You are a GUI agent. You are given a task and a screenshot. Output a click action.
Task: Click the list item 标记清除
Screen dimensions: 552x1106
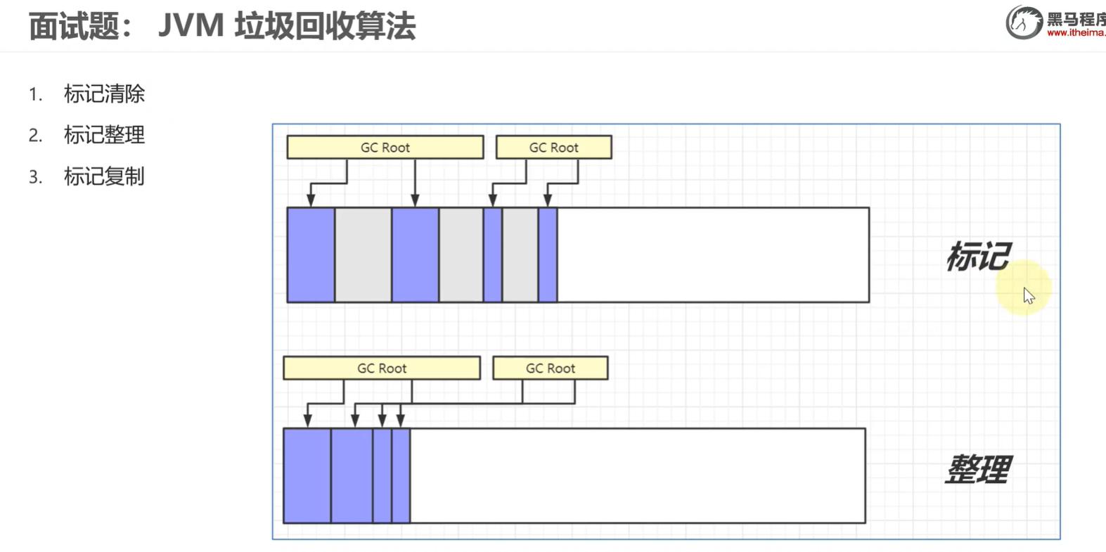pyautogui.click(x=104, y=94)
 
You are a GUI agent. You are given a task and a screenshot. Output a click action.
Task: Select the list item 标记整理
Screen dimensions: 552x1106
pyautogui.click(x=104, y=134)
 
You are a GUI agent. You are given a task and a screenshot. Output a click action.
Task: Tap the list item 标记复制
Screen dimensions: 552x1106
pyautogui.click(x=104, y=176)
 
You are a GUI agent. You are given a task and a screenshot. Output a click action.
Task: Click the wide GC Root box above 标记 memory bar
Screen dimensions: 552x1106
pyautogui.click(x=385, y=147)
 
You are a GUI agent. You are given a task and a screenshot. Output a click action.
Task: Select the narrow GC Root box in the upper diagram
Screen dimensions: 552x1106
pyautogui.click(x=553, y=147)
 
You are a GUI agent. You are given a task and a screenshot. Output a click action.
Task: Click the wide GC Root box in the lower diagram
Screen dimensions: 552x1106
pyautogui.click(x=381, y=368)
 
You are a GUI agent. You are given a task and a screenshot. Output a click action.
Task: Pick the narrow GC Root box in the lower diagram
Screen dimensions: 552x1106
pyautogui.click(x=550, y=368)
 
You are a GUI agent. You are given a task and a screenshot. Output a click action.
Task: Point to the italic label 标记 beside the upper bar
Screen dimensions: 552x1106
pyautogui.click(x=977, y=256)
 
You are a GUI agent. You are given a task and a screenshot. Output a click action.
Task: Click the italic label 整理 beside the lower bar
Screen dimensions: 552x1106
pyautogui.click(x=977, y=469)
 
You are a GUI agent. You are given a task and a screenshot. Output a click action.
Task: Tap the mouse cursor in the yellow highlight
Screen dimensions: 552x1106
pyautogui.click(x=1029, y=295)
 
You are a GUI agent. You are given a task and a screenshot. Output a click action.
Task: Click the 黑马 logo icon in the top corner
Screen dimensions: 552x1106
pyautogui.click(x=1023, y=23)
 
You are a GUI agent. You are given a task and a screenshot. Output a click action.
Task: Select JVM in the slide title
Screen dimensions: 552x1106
pyautogui.click(x=191, y=26)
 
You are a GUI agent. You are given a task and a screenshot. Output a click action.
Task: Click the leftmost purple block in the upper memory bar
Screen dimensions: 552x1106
pyautogui.click(x=311, y=255)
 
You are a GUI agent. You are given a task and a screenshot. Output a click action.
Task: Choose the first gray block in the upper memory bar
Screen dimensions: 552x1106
pyautogui.click(x=363, y=255)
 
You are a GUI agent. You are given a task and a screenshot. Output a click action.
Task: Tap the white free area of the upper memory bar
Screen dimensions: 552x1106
pyautogui.click(x=712, y=255)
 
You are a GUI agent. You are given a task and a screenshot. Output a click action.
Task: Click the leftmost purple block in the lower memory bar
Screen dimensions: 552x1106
pyautogui.click(x=307, y=475)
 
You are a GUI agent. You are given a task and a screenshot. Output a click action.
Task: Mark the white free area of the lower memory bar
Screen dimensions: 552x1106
pyautogui.click(x=637, y=475)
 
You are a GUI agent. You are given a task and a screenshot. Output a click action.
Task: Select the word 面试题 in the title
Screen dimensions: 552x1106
pyautogui.click(x=72, y=27)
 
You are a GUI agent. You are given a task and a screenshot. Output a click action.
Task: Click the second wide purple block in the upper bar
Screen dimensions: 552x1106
pyautogui.click(x=415, y=255)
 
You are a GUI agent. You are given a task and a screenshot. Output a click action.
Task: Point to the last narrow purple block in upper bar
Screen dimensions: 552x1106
pyautogui.click(x=548, y=255)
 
